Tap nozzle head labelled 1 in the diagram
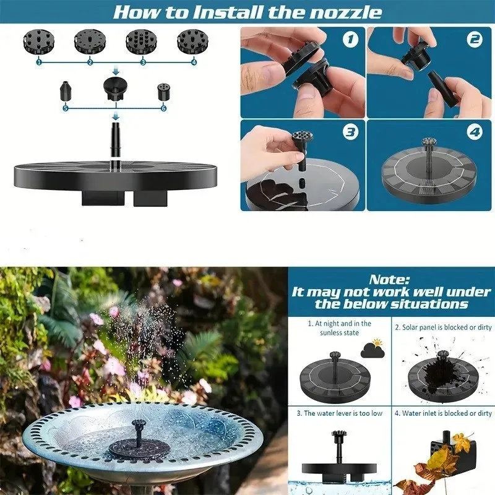click(38, 41)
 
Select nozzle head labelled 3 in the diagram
click(142, 41)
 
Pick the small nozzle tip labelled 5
click(65, 91)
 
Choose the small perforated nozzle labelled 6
click(162, 92)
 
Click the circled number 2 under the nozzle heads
click(90, 62)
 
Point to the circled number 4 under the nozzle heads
click(194, 62)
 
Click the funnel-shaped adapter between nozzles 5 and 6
click(116, 88)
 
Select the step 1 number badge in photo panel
click(351, 40)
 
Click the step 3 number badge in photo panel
click(351, 132)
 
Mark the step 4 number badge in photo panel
click(475, 132)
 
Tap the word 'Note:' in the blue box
click(390, 280)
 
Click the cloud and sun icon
click(373, 348)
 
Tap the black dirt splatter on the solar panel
click(441, 373)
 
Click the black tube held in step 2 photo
click(441, 87)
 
